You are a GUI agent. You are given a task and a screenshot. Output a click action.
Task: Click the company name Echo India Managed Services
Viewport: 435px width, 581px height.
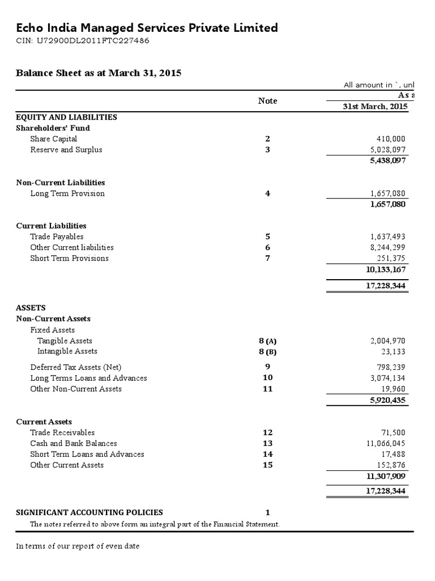pyautogui.click(x=147, y=28)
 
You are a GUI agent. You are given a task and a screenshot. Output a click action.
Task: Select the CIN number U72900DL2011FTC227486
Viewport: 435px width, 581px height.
pyautogui.click(x=83, y=41)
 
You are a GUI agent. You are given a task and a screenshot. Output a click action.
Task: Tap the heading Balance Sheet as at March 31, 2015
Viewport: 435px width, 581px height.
pyautogui.click(x=99, y=73)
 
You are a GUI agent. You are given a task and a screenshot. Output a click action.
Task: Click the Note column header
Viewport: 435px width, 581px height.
pyautogui.click(x=267, y=100)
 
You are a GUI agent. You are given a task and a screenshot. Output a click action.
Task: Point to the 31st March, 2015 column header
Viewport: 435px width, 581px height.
pyautogui.click(x=374, y=107)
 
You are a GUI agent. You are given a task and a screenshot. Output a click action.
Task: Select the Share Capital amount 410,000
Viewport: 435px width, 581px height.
pyautogui.click(x=390, y=138)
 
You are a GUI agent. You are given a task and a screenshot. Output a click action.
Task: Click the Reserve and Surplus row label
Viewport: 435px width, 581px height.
pyautogui.click(x=66, y=150)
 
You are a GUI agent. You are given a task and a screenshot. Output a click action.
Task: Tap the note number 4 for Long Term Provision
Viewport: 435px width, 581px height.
pyautogui.click(x=267, y=193)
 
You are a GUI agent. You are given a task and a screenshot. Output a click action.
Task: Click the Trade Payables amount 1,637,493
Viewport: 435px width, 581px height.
pyautogui.click(x=387, y=237)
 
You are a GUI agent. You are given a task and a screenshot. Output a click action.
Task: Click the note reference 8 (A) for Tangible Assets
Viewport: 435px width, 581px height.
pyautogui.click(x=267, y=341)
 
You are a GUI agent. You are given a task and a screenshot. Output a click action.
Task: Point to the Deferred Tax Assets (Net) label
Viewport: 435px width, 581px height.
pyautogui.click(x=76, y=367)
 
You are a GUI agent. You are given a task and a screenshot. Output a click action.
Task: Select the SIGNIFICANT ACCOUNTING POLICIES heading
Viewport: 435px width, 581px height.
pyautogui.click(x=89, y=512)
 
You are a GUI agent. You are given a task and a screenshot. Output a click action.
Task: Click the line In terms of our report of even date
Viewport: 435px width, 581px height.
pyautogui.click(x=78, y=546)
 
